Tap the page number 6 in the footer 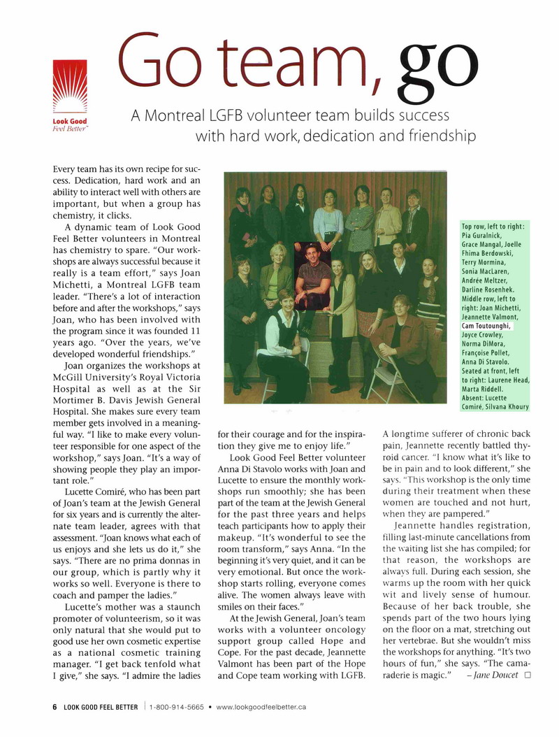point(55,707)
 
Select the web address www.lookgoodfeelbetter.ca point(261,707)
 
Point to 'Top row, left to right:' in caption point(493,227)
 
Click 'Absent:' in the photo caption point(475,399)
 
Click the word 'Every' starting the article point(68,169)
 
